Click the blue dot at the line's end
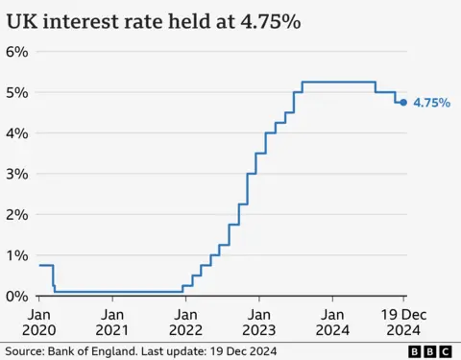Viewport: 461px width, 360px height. (402, 102)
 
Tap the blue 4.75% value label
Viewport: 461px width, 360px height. (431, 103)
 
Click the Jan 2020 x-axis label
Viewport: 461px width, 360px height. (39, 321)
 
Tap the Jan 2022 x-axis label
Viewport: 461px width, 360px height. (185, 321)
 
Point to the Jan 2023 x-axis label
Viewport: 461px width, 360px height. (258, 321)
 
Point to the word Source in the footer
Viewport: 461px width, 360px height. (23, 351)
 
